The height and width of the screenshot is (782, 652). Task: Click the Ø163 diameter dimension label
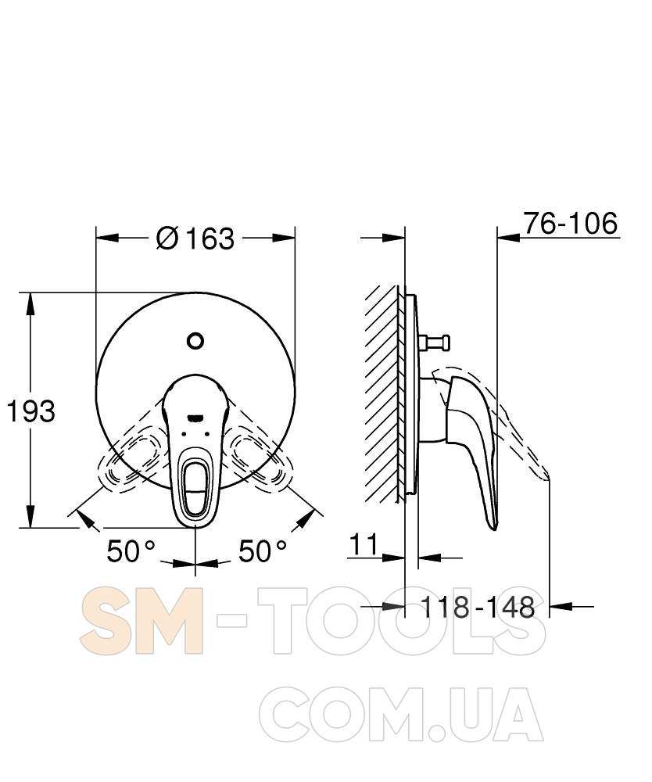click(195, 239)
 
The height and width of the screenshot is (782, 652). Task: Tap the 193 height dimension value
click(31, 411)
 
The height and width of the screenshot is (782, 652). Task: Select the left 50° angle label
click(131, 551)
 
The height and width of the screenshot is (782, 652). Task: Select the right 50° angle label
click(263, 551)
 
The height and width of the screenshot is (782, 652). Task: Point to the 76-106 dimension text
click(570, 223)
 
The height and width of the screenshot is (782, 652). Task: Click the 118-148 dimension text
click(478, 607)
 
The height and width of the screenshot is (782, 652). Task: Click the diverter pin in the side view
click(435, 343)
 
